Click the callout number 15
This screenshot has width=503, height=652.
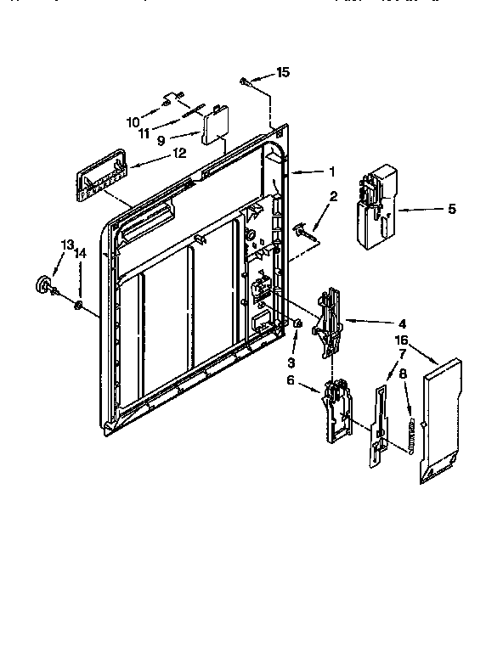tap(283, 72)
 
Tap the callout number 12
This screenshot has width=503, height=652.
tap(178, 154)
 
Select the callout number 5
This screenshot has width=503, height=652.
tap(451, 208)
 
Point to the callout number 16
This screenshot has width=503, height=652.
tap(402, 340)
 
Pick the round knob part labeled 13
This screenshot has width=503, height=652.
tap(42, 286)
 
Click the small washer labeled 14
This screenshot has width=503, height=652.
tap(78, 305)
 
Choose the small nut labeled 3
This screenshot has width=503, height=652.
tap(297, 324)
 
